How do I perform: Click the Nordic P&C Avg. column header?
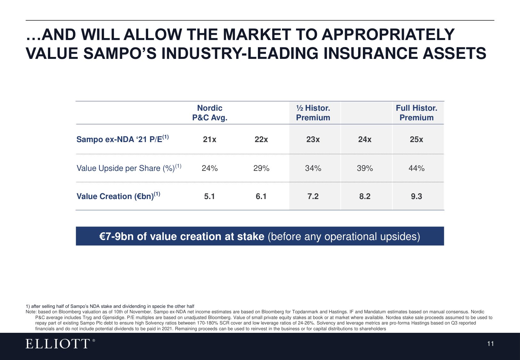pyautogui.click(x=210, y=113)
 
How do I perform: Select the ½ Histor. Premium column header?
pyautogui.click(x=313, y=113)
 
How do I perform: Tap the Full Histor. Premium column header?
pyautogui.click(x=416, y=113)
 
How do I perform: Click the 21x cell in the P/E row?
pyautogui.click(x=209, y=139)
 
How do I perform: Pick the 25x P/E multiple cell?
pyautogui.click(x=416, y=139)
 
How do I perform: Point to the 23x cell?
pyautogui.click(x=313, y=139)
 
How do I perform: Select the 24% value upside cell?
pyautogui.click(x=210, y=168)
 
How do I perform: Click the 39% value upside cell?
pyautogui.click(x=365, y=168)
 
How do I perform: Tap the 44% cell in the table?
pyautogui.click(x=416, y=168)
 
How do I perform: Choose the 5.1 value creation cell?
pyautogui.click(x=209, y=196)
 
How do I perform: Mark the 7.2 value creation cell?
pyautogui.click(x=313, y=196)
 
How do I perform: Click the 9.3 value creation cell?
pyautogui.click(x=416, y=196)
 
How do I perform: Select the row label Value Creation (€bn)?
pyautogui.click(x=118, y=196)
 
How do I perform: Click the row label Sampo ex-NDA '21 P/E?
pyautogui.click(x=123, y=139)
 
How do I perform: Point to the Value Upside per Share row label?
pyautogui.click(x=129, y=168)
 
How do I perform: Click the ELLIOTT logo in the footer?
pyautogui.click(x=60, y=344)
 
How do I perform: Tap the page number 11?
pyautogui.click(x=491, y=344)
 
